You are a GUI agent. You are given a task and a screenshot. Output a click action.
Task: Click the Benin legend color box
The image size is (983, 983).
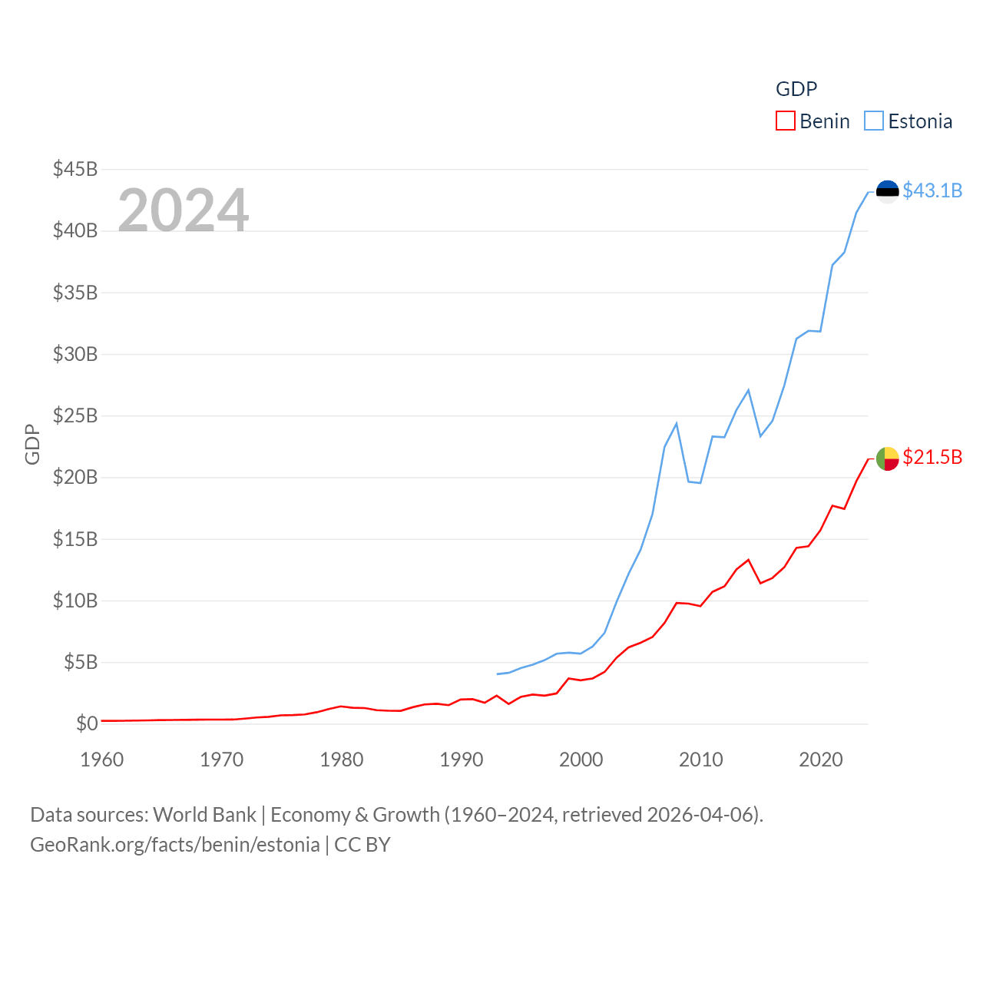pyautogui.click(x=785, y=121)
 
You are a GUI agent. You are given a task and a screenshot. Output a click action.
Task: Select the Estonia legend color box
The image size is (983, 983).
pyautogui.click(x=874, y=121)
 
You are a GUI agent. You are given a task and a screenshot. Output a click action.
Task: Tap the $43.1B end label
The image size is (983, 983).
pyautogui.click(x=932, y=190)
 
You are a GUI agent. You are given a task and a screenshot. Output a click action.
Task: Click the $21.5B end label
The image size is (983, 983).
pyautogui.click(x=932, y=457)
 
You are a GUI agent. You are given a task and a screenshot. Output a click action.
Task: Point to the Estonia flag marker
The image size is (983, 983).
pyautogui.click(x=887, y=191)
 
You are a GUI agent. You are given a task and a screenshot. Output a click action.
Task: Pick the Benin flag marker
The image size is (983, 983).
pyautogui.click(x=887, y=458)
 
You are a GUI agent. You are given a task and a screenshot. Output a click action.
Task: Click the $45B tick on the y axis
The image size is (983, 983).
pyautogui.click(x=74, y=169)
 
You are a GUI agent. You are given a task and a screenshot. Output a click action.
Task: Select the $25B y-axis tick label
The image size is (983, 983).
pyautogui.click(x=74, y=415)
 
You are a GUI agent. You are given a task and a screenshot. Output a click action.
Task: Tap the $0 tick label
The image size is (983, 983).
pyautogui.click(x=87, y=723)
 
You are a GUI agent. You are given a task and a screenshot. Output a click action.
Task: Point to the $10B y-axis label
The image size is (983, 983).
pyautogui.click(x=74, y=601)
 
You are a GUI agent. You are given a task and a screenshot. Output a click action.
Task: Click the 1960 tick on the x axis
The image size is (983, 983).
pyautogui.click(x=101, y=760)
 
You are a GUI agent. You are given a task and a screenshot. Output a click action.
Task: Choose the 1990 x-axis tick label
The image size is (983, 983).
pyautogui.click(x=461, y=760)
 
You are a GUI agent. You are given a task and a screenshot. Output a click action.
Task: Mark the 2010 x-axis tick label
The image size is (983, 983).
pyautogui.click(x=700, y=760)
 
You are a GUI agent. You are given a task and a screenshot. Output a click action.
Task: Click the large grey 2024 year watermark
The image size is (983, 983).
pyautogui.click(x=183, y=210)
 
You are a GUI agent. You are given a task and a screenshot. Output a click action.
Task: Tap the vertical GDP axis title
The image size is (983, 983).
pyautogui.click(x=32, y=444)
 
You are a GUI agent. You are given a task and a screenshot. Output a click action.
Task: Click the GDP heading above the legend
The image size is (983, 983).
pyautogui.click(x=796, y=89)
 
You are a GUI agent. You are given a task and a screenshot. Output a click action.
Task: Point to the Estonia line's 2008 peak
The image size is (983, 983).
pyautogui.click(x=676, y=423)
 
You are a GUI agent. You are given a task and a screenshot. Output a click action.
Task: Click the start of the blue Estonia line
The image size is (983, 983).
pyautogui.click(x=498, y=674)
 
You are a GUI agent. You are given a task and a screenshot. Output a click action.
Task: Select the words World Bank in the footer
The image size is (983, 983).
pyautogui.click(x=204, y=814)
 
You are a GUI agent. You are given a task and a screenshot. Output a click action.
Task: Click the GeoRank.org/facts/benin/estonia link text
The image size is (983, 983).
pyautogui.click(x=175, y=845)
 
